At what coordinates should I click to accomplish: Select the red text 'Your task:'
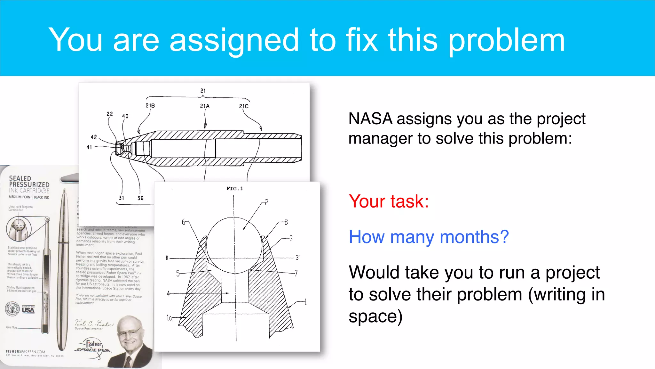click(x=389, y=201)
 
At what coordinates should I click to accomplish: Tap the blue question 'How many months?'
click(x=429, y=237)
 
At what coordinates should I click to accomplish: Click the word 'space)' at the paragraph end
click(x=375, y=316)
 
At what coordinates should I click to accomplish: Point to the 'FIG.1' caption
click(x=235, y=189)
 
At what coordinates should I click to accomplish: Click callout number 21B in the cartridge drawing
click(x=150, y=106)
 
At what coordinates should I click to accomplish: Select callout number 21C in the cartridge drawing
click(x=244, y=106)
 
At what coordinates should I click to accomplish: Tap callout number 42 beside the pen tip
click(x=94, y=137)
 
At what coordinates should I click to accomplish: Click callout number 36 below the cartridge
click(x=140, y=198)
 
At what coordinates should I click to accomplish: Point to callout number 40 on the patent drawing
click(x=125, y=116)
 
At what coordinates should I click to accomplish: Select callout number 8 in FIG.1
click(x=286, y=222)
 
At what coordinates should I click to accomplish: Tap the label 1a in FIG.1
click(x=169, y=318)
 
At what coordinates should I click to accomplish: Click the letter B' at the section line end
click(x=297, y=258)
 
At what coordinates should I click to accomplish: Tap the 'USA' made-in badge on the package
click(x=28, y=310)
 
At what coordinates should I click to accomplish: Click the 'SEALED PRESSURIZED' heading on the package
click(x=29, y=181)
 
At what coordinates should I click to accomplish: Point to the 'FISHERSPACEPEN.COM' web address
click(x=26, y=351)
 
